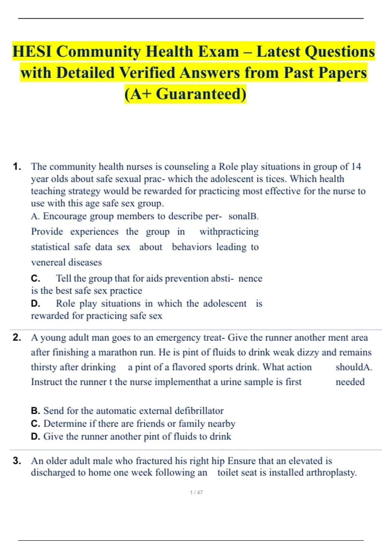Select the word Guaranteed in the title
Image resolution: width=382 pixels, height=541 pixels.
click(x=201, y=94)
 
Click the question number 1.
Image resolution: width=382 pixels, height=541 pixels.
click(x=17, y=166)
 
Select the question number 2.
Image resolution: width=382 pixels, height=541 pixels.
click(x=17, y=337)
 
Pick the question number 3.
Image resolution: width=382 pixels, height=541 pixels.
click(x=17, y=460)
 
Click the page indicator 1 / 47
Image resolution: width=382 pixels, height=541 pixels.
click(x=196, y=492)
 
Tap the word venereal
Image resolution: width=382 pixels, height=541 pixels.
click(x=48, y=262)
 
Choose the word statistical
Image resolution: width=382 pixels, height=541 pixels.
click(x=50, y=247)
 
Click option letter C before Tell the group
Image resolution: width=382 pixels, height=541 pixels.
click(x=35, y=278)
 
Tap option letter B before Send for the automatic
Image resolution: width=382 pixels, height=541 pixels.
click(x=35, y=411)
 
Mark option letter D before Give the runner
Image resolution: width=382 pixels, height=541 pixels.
click(x=35, y=436)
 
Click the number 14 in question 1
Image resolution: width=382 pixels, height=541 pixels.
click(x=356, y=166)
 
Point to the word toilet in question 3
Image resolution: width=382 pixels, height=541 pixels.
click(x=228, y=473)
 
